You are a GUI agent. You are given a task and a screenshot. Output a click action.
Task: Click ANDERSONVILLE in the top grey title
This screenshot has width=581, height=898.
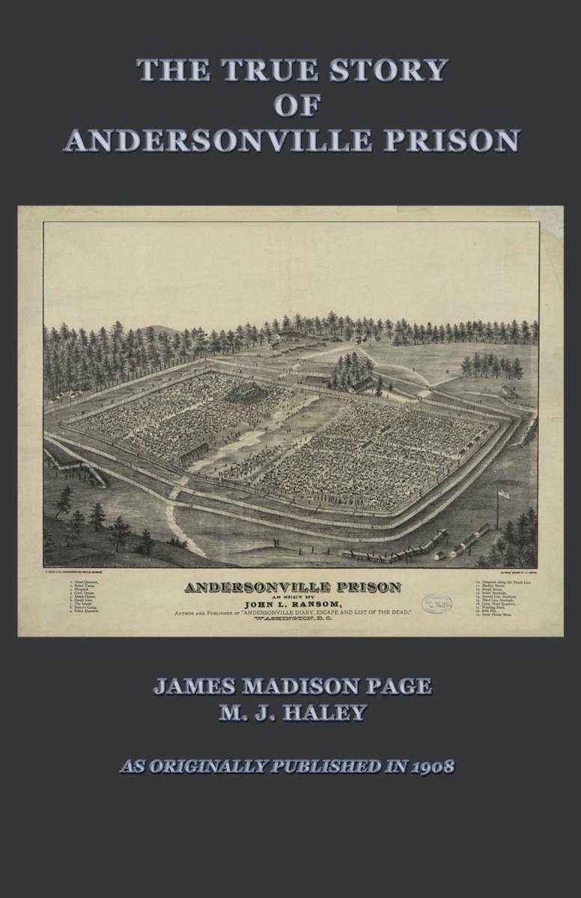click(217, 141)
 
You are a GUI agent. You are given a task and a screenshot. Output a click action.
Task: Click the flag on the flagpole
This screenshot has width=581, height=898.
click(503, 493)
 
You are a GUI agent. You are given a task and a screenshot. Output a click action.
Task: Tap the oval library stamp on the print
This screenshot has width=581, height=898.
click(436, 603)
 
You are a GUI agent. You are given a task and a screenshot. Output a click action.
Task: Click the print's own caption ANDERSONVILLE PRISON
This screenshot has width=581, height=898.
click(292, 587)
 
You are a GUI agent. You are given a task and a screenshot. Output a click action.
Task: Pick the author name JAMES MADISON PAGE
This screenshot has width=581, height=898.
click(292, 686)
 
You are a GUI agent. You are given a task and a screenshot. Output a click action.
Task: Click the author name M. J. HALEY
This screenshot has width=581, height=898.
click(292, 712)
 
